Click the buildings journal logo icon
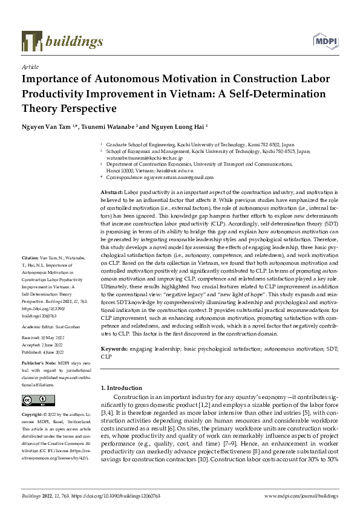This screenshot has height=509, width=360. [30, 41]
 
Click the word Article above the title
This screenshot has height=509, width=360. [30, 68]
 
